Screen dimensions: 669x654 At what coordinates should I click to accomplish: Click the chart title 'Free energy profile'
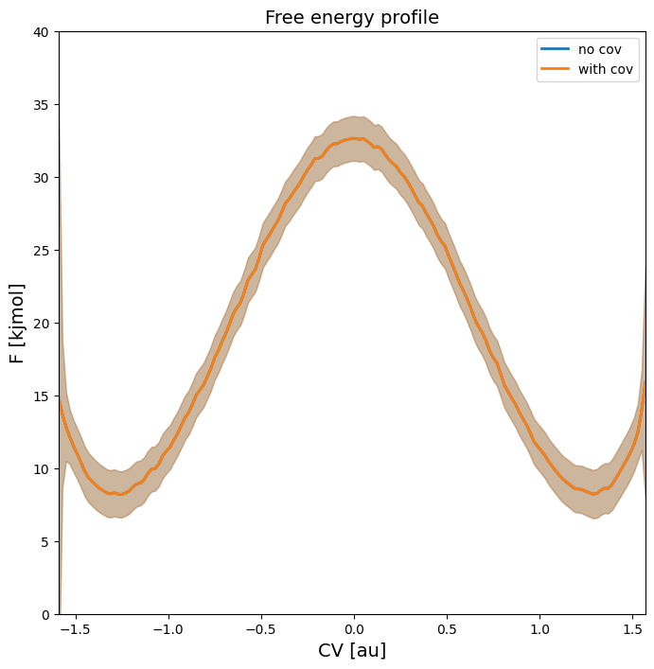[x=351, y=17]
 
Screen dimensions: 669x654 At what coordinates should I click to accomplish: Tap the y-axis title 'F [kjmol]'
[x=17, y=323]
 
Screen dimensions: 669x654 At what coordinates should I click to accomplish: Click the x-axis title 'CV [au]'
[x=351, y=650]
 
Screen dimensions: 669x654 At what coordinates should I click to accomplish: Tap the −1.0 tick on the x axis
[x=167, y=628]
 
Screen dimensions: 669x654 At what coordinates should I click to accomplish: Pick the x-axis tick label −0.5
[x=259, y=628]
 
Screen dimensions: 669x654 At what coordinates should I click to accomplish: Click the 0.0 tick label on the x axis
[x=353, y=628]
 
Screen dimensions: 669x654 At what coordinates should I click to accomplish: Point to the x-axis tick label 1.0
[x=539, y=628]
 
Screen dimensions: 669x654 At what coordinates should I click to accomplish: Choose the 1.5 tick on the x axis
[x=632, y=628]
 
